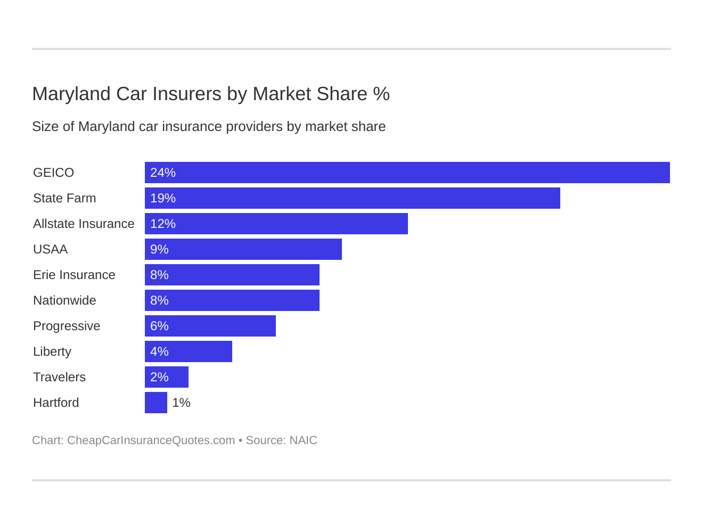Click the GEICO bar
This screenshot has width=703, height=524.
click(407, 173)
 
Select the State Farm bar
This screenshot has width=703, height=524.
click(353, 198)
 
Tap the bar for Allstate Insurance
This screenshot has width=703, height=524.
click(276, 224)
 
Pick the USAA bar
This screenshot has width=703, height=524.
click(243, 249)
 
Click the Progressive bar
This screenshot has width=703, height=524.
click(210, 326)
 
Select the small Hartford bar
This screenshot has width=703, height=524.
click(156, 403)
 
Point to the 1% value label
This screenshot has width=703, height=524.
click(181, 403)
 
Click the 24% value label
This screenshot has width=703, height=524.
click(163, 173)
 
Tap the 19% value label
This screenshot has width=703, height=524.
click(163, 198)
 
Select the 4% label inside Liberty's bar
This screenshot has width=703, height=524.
click(159, 351)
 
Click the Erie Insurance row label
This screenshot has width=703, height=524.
click(74, 275)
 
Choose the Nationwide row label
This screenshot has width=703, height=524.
click(64, 300)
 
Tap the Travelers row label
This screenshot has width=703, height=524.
click(59, 377)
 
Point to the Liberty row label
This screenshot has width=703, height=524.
click(52, 351)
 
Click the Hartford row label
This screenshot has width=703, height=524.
click(56, 403)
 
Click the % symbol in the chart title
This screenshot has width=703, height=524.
click(381, 94)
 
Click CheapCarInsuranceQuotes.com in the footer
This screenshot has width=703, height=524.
click(151, 440)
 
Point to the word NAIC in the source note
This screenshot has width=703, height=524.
click(303, 440)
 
